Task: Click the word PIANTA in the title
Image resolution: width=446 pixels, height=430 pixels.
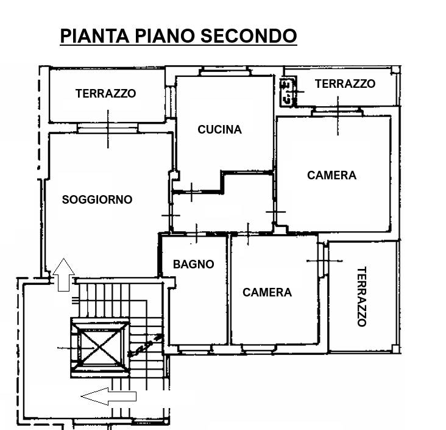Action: point(94,36)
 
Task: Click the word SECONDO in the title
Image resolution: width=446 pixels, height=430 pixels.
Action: point(249,36)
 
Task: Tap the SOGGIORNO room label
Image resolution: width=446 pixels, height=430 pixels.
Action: point(97,199)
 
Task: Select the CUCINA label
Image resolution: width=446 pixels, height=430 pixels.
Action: point(219,129)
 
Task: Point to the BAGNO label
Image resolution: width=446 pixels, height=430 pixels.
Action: point(194,264)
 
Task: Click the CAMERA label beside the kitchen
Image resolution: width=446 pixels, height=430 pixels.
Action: point(331,175)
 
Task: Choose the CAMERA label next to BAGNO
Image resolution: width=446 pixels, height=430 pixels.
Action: point(267,292)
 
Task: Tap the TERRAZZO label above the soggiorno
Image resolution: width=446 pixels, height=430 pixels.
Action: point(106,93)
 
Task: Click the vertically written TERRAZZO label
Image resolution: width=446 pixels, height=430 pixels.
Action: point(361,296)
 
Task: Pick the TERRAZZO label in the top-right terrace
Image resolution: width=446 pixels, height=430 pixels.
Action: point(345,84)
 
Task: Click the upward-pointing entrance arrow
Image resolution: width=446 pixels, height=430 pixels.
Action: point(64,275)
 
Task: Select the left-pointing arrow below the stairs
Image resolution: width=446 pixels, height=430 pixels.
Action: point(108,396)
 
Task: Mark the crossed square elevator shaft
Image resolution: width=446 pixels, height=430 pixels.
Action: point(100,348)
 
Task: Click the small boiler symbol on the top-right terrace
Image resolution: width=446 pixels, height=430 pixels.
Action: point(288,91)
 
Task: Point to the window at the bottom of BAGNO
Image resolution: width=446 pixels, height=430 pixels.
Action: point(195,348)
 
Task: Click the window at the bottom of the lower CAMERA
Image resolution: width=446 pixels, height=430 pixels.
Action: point(259,348)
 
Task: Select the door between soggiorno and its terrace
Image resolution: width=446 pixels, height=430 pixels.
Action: point(107,128)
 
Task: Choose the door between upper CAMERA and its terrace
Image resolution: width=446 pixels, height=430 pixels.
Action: point(338,112)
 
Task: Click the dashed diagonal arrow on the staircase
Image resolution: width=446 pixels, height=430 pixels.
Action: point(145,345)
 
